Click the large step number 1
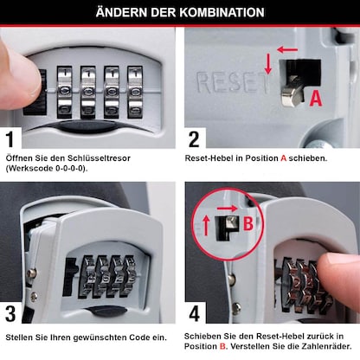(13, 138)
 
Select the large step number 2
(195, 138)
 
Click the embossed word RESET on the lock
(228, 82)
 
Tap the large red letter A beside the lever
(315, 98)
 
